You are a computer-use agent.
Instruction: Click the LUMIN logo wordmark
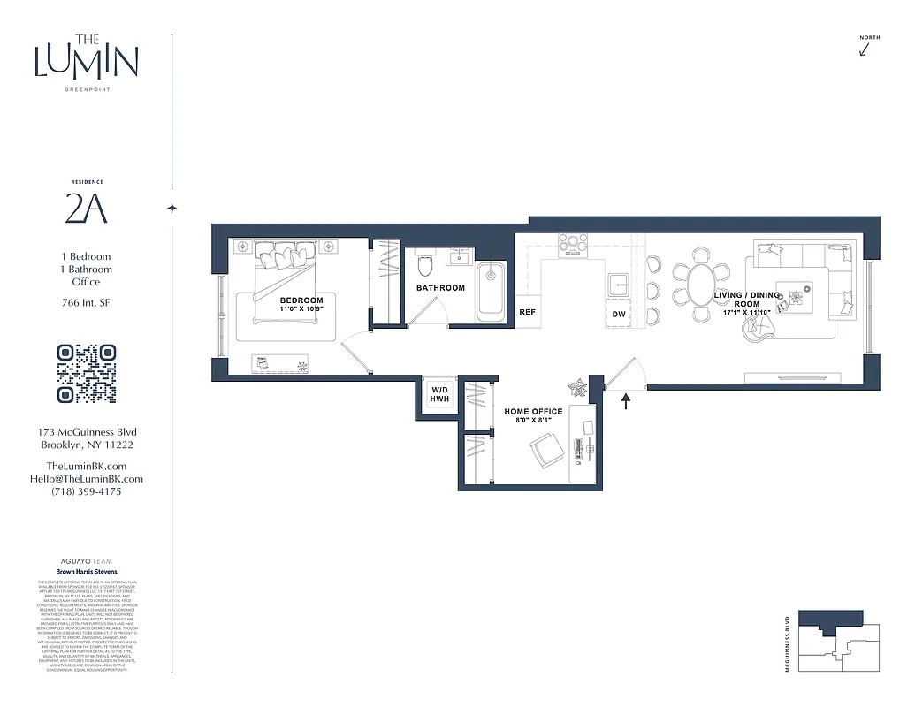(87, 59)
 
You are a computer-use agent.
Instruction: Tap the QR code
(87, 374)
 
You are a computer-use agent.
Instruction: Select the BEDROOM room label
(301, 300)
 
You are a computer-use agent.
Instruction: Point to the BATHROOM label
(440, 288)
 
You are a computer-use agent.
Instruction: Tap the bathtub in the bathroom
(491, 293)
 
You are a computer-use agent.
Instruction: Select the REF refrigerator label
(528, 312)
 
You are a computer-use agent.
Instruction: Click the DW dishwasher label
(619, 314)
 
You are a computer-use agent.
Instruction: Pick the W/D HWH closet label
(439, 394)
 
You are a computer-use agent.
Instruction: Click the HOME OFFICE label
(533, 412)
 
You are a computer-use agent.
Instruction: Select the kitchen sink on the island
(618, 283)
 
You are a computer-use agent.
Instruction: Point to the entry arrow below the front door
(626, 402)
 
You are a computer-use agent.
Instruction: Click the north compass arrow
(865, 49)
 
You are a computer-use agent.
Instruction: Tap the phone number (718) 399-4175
(87, 491)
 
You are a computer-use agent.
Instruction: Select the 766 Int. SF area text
(87, 304)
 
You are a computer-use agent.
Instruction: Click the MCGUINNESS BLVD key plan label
(786, 644)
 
